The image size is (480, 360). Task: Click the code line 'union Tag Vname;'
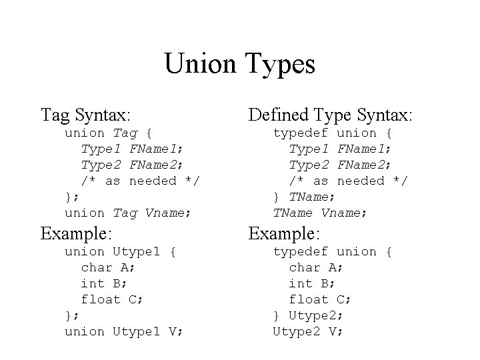pyautogui.click(x=128, y=213)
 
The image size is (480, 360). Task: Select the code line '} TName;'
pyautogui.click(x=305, y=197)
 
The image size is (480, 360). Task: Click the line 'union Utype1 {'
pyautogui.click(x=120, y=251)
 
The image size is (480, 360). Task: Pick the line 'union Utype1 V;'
pyautogui.click(x=123, y=331)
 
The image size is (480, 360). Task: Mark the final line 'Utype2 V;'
pyautogui.click(x=308, y=331)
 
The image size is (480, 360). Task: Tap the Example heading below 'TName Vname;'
pyautogui.click(x=285, y=234)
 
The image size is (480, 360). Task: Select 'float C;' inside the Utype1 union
pyautogui.click(x=112, y=299)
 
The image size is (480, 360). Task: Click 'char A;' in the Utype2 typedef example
pyautogui.click(x=316, y=267)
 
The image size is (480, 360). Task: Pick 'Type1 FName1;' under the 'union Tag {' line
pyautogui.click(x=133, y=149)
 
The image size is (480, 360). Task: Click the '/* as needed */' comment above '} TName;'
pyautogui.click(x=347, y=181)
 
